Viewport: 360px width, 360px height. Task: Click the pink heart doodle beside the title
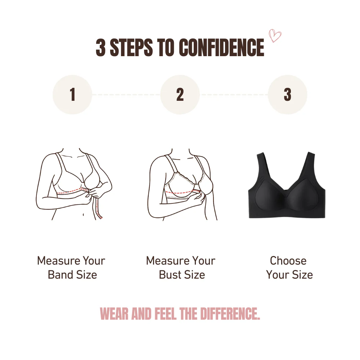point(275,36)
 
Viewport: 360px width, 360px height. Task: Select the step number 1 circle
point(72,95)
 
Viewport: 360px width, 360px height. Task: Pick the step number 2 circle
point(180,95)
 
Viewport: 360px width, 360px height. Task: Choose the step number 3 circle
point(287,95)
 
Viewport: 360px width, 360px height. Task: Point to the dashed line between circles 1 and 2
point(126,95)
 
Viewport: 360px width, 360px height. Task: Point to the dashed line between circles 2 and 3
point(234,95)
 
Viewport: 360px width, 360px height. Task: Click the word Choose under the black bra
point(288,261)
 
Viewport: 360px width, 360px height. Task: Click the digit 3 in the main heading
point(101,48)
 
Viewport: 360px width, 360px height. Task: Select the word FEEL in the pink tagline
point(166,314)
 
